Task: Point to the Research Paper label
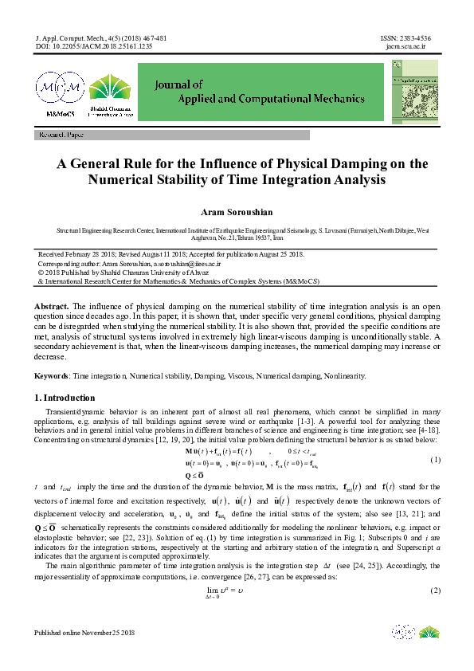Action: [61, 136]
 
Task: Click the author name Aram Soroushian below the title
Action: [237, 214]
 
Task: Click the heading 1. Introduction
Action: [65, 398]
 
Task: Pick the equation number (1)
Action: [435, 461]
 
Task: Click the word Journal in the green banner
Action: [179, 83]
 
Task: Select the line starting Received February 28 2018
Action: [171, 253]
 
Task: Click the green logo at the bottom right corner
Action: [429, 631]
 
